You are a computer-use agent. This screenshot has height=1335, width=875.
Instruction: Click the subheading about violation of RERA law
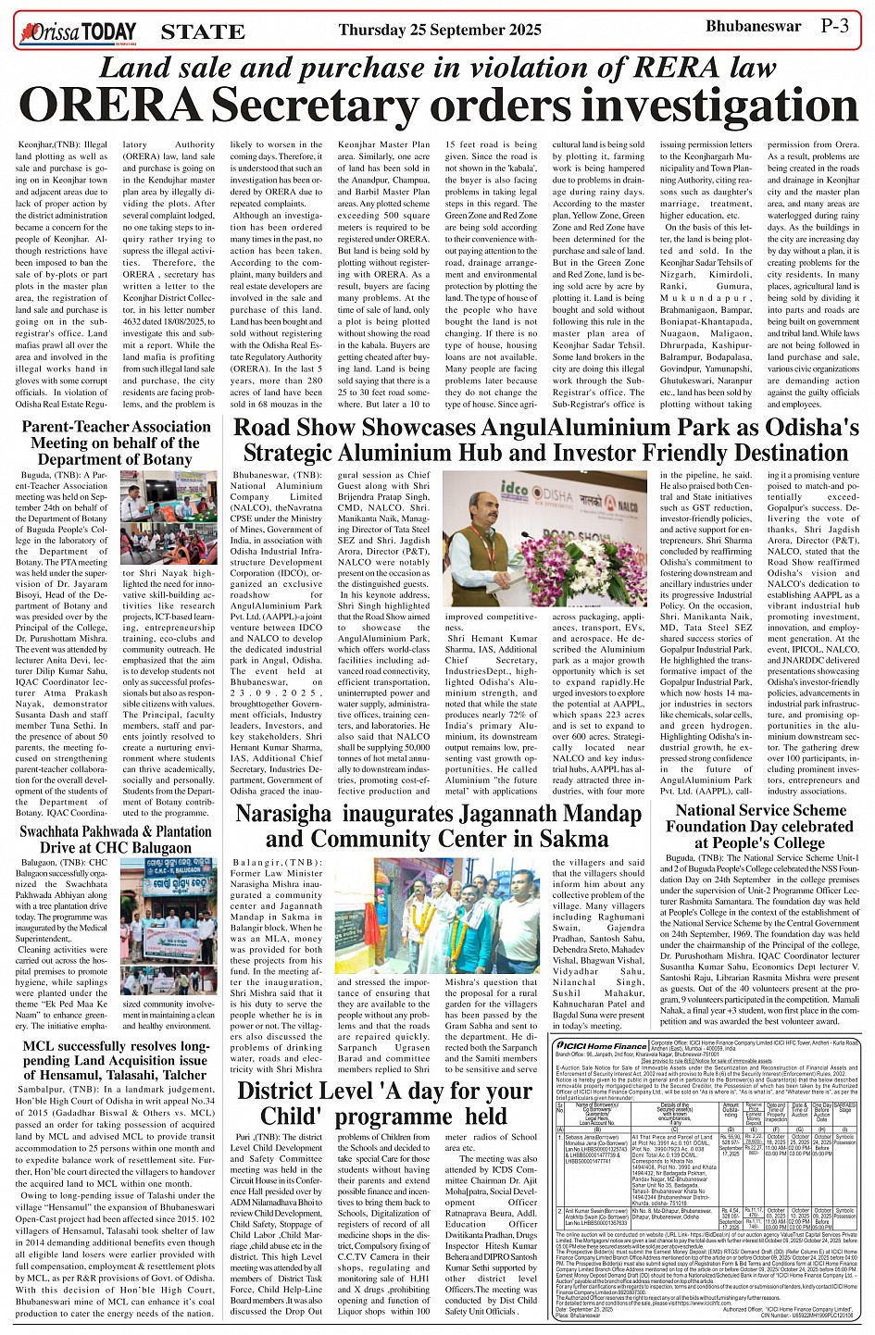(x=437, y=68)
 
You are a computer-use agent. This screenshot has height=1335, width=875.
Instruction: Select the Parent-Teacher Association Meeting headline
(x=110, y=443)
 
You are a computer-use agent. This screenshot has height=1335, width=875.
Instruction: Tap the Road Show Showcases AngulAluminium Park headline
(x=545, y=441)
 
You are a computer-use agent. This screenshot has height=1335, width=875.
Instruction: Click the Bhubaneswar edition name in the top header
(x=753, y=26)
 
